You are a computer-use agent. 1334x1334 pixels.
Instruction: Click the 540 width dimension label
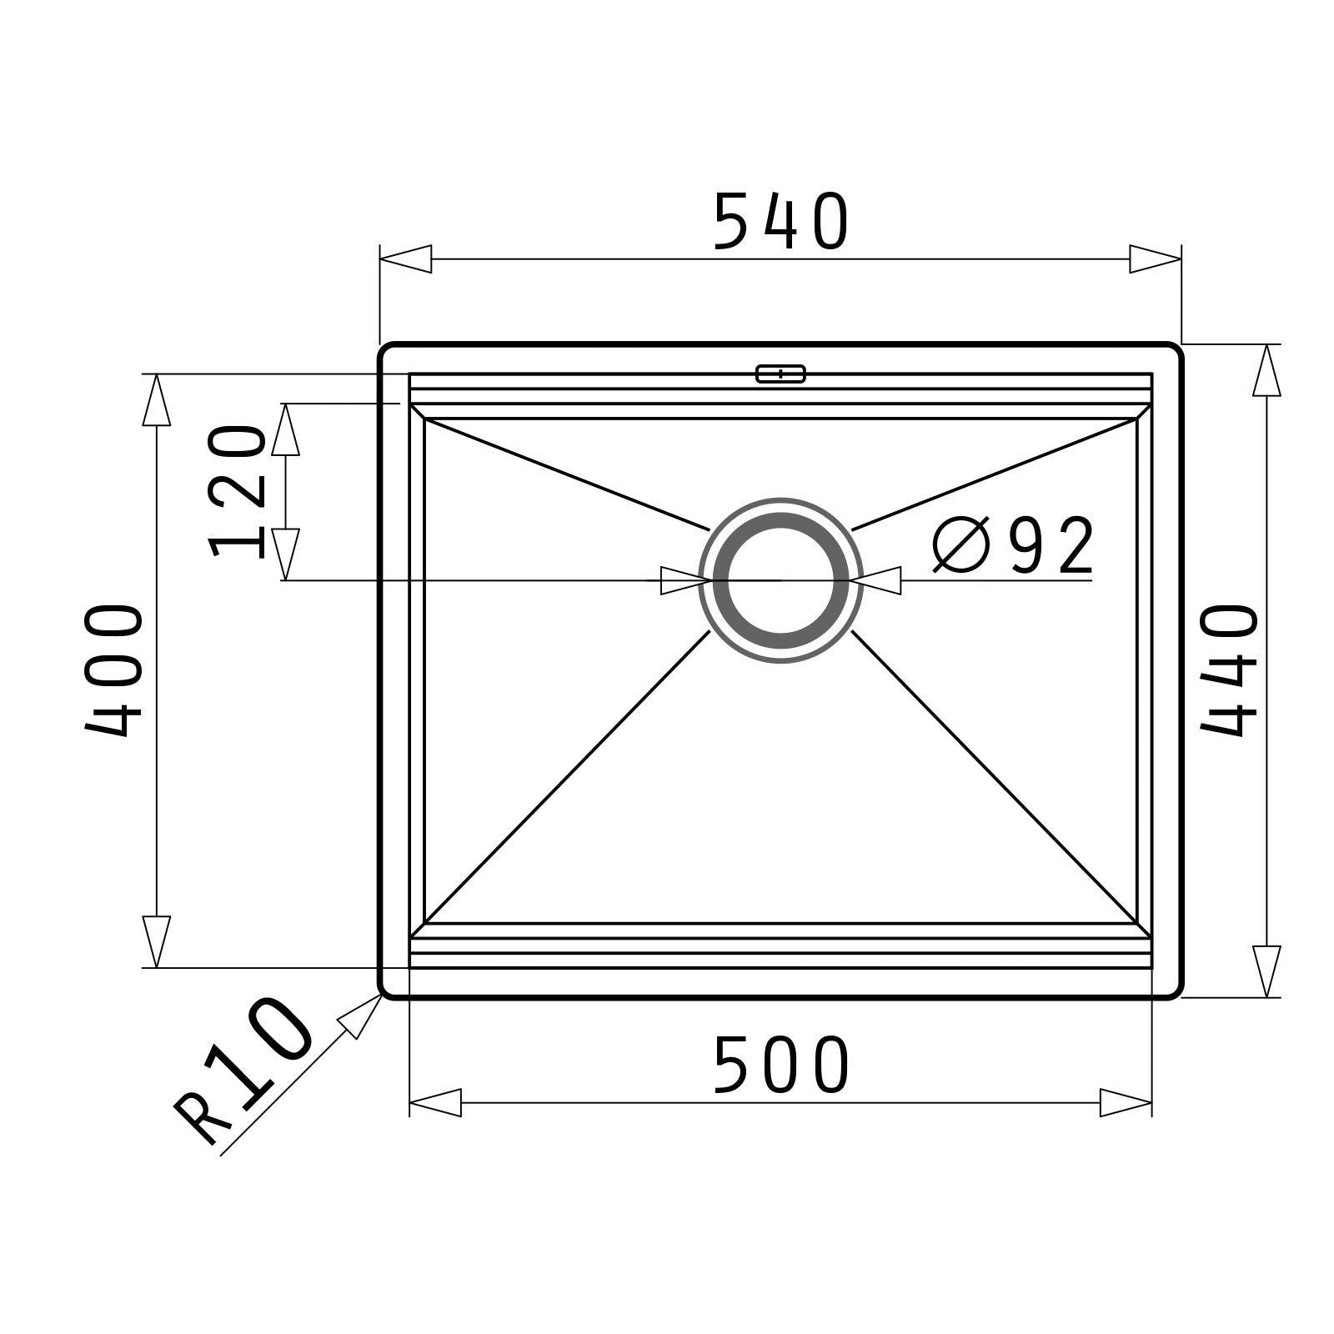click(x=781, y=222)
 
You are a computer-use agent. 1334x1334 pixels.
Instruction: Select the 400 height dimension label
click(x=114, y=671)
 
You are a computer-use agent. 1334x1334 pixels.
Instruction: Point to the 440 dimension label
click(x=1228, y=671)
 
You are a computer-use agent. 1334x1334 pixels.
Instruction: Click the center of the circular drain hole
click(x=781, y=580)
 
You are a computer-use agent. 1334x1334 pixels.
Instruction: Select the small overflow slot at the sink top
click(x=780, y=374)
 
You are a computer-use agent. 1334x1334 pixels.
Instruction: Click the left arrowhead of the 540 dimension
click(x=406, y=258)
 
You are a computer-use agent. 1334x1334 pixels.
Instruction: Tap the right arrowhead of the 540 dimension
click(x=1156, y=258)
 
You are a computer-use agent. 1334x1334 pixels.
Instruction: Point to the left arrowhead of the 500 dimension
click(x=435, y=1102)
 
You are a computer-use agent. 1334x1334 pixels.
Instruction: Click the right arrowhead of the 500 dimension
click(x=1126, y=1102)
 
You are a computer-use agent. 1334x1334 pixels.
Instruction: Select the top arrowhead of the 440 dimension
click(x=1266, y=370)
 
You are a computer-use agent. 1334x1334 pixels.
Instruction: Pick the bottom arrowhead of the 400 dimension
click(x=156, y=942)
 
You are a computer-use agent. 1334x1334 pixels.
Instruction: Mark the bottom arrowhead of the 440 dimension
click(x=1266, y=970)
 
